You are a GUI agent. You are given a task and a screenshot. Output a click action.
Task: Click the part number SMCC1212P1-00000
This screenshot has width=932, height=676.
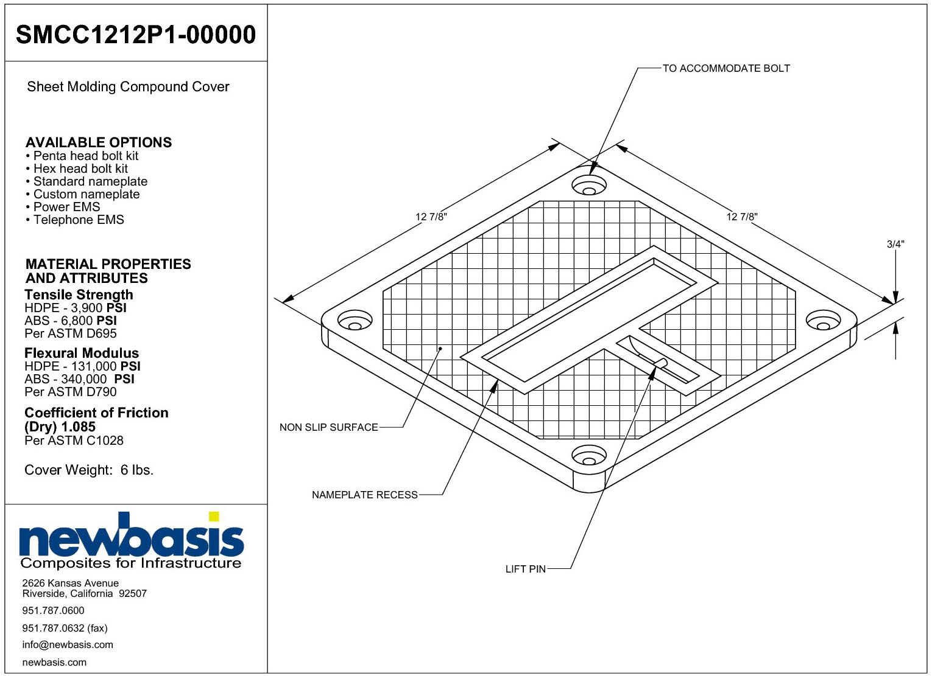(x=136, y=35)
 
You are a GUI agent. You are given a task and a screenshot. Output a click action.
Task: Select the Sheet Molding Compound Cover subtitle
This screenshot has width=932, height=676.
(x=128, y=87)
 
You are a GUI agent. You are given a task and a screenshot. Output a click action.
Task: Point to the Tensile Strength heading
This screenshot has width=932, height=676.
(x=79, y=294)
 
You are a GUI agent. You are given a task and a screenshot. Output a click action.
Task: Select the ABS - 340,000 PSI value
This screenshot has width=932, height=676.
(x=79, y=379)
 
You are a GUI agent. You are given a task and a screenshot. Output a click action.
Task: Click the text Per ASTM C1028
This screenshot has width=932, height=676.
(x=74, y=441)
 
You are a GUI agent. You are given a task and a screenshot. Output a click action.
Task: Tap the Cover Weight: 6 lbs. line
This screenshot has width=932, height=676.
(x=89, y=470)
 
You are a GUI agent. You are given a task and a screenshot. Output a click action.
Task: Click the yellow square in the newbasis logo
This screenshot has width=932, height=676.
(x=214, y=517)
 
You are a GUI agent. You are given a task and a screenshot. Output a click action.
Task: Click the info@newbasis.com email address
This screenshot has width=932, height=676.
(x=68, y=644)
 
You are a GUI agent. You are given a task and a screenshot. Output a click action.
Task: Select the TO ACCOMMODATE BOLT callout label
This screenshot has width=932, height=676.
(x=726, y=68)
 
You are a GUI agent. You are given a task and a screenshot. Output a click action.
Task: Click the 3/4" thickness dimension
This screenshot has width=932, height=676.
(x=895, y=244)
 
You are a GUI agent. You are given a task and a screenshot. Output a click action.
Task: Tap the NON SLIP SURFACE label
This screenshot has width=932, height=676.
(x=329, y=427)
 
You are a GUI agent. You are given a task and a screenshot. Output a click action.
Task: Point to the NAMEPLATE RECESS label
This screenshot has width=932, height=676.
(x=365, y=495)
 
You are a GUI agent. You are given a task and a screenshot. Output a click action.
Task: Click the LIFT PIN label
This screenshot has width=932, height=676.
(x=526, y=570)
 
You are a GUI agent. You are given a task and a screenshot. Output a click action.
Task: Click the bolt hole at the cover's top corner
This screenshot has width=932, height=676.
(x=588, y=185)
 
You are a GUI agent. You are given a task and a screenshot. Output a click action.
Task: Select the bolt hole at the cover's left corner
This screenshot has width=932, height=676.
(x=355, y=320)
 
